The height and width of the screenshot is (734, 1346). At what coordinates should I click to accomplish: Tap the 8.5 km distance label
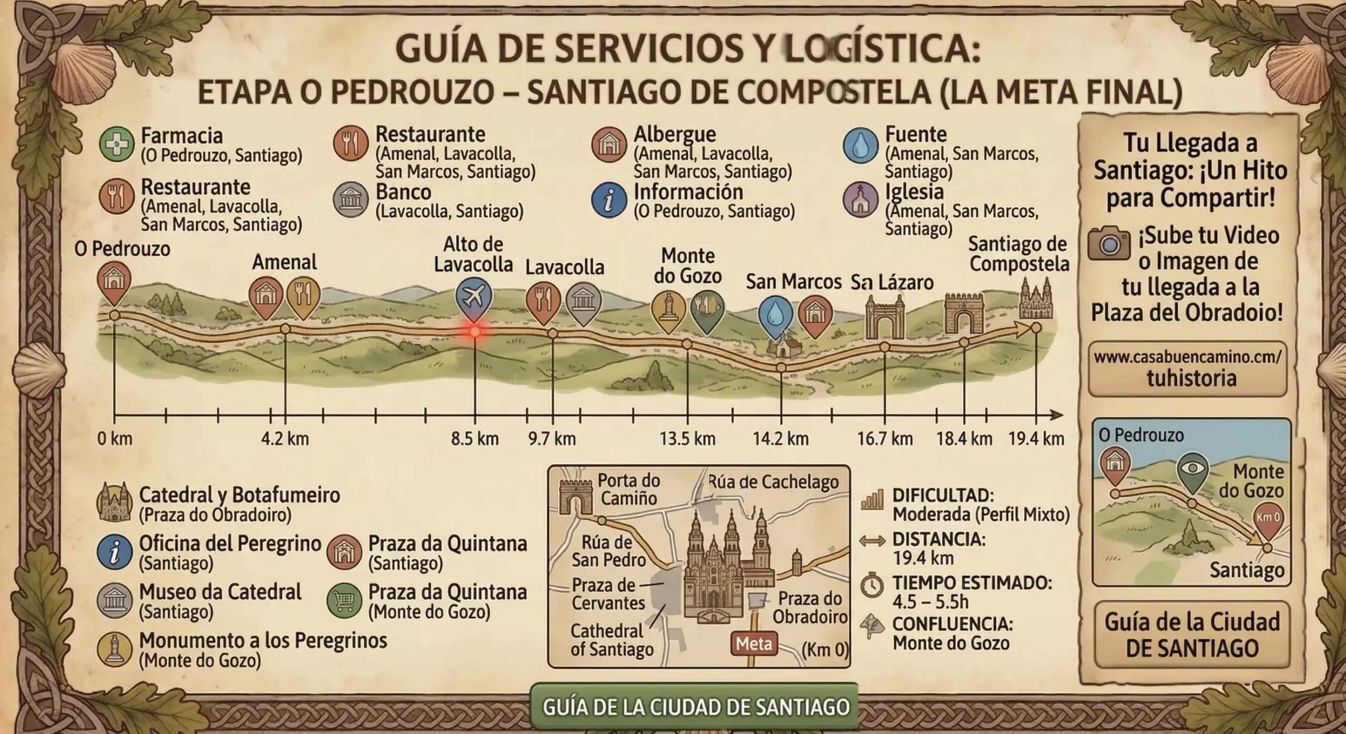475,438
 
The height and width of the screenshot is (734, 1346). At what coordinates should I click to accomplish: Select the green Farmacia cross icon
116,143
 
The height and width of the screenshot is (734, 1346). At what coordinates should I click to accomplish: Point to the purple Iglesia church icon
860,200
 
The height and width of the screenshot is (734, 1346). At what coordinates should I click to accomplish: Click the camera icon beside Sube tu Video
1108,244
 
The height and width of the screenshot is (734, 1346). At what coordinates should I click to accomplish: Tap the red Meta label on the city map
754,643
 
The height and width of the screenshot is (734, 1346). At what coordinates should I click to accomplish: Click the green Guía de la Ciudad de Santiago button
695,707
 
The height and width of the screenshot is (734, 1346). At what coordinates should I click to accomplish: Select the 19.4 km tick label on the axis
1036,438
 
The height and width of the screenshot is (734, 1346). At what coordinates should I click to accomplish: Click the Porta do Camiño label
629,489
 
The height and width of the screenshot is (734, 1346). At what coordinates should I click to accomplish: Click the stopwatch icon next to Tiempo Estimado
873,586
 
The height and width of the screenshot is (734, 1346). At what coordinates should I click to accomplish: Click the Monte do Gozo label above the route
688,265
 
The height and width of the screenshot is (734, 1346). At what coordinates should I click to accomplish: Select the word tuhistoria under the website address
1191,378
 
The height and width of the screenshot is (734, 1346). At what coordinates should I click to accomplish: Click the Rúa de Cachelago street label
773,482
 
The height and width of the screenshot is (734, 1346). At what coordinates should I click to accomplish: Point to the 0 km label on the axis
115,438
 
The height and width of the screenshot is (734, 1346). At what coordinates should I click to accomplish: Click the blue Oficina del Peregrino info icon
115,552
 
